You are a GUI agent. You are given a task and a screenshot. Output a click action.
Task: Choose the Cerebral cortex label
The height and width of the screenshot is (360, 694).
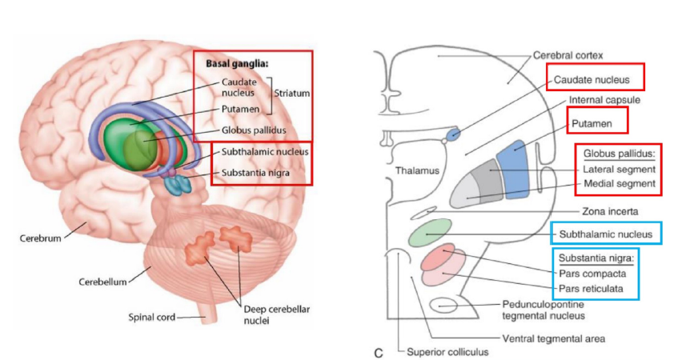click(568, 56)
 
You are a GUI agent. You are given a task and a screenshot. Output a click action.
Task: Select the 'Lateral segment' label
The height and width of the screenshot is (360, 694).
click(619, 169)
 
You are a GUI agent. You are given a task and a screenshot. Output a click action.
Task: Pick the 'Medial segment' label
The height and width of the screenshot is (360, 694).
click(619, 184)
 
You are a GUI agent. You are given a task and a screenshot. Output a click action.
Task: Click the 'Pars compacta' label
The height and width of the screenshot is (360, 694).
click(593, 273)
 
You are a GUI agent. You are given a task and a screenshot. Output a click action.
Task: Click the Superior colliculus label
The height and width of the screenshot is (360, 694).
click(447, 351)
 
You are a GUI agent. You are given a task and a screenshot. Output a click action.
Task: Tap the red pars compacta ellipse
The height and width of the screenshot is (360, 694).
click(438, 258)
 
